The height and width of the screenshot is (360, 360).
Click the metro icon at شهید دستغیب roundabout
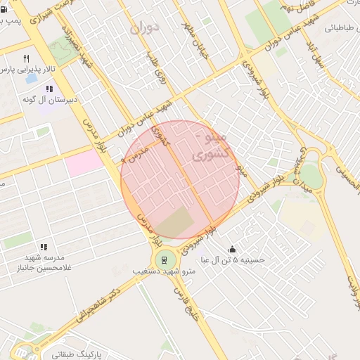coord(164,257)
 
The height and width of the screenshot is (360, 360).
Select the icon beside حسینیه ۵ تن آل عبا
coord(233,249)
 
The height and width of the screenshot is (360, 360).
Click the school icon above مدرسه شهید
coord(44,247)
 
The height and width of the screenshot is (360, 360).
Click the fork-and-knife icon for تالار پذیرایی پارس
coord(27,59)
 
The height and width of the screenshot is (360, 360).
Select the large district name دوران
coord(146,27)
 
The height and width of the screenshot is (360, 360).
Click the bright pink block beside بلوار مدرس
coord(83,165)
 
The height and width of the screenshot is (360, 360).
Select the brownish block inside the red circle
coord(174,222)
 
